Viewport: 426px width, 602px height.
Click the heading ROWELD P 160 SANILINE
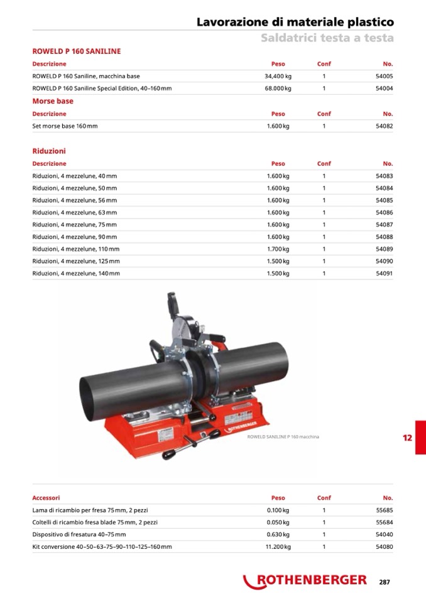pyautogui.click(x=76, y=51)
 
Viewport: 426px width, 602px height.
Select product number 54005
pyautogui.click(x=384, y=76)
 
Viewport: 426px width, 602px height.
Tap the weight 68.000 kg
pyautogui.click(x=278, y=89)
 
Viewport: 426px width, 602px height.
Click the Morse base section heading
pyautogui.click(x=53, y=101)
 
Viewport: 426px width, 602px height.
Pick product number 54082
pyautogui.click(x=384, y=126)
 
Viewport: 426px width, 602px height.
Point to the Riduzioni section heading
pyautogui.click(x=49, y=151)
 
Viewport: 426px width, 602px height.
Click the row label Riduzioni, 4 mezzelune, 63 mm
pyautogui.click(x=74, y=212)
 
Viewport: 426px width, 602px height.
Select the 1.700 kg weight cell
pyautogui.click(x=278, y=249)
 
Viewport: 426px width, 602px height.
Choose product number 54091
pyautogui.click(x=384, y=273)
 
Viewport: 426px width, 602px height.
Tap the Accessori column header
pyautogui.click(x=46, y=498)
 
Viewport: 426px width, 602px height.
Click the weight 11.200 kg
pyautogui.click(x=278, y=547)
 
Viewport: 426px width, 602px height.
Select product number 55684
pyautogui.click(x=384, y=522)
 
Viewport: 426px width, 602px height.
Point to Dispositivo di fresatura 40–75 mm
pyautogui.click(x=79, y=535)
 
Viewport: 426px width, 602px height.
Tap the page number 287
pyautogui.click(x=385, y=582)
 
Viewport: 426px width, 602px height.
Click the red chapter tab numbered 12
pyautogui.click(x=408, y=438)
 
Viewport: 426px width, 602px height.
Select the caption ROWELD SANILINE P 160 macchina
pyautogui.click(x=283, y=436)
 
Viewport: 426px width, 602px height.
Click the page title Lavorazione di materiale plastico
pyautogui.click(x=295, y=22)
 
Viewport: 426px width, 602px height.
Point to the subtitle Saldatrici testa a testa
pyautogui.click(x=327, y=38)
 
